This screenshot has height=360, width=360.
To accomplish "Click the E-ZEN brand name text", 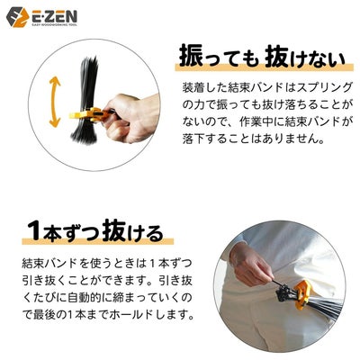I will click(59, 15).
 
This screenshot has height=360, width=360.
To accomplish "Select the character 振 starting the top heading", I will click(192, 59).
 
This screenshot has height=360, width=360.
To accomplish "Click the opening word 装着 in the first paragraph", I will click(193, 91).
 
